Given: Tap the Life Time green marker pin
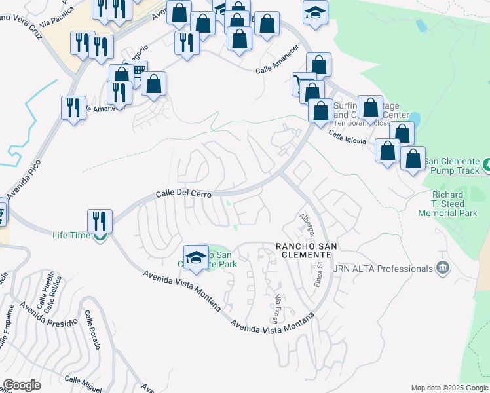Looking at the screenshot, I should [100, 237].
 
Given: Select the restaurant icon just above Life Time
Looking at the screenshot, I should [100, 220].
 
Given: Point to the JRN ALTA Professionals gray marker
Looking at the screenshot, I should [443, 268].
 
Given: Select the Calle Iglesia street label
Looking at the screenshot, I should [345, 136].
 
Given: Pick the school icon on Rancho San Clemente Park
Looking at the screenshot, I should [196, 258].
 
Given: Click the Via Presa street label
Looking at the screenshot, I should [279, 308].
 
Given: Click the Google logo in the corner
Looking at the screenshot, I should [22, 385].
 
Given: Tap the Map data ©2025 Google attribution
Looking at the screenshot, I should [449, 388].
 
